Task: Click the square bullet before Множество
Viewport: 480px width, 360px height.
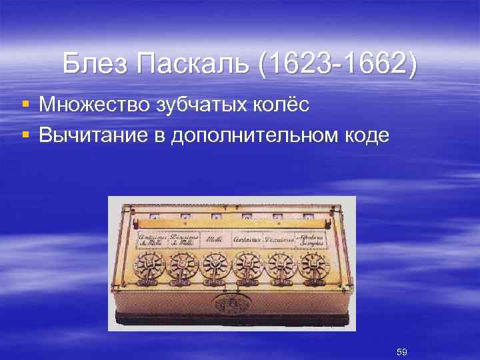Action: (25, 105)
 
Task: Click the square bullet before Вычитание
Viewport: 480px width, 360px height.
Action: (25, 135)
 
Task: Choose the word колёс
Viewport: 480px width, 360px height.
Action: (283, 105)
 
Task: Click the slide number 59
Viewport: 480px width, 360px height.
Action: (402, 351)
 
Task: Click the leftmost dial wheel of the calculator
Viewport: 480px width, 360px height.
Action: (150, 265)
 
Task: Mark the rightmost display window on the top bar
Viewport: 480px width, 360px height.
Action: (308, 215)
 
